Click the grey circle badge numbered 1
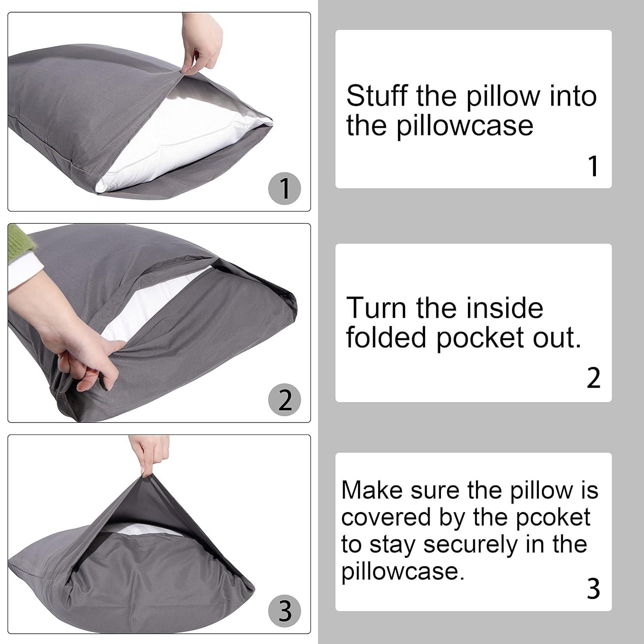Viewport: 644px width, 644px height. click(285, 188)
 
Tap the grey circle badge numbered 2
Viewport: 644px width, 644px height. click(285, 400)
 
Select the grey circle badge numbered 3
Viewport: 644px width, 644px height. click(285, 611)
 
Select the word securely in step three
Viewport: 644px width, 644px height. click(471, 544)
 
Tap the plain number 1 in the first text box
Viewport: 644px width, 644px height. click(593, 167)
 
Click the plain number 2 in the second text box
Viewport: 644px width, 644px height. click(593, 378)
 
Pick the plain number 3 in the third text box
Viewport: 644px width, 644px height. click(593, 589)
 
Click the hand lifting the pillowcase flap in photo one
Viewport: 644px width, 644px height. click(207, 47)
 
